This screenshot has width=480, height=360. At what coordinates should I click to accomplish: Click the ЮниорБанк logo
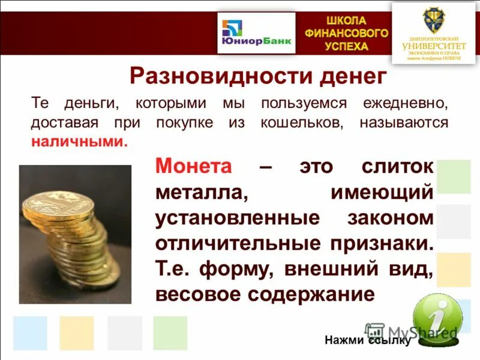tap(256, 33)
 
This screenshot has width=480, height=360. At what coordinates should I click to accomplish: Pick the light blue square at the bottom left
tap(30, 333)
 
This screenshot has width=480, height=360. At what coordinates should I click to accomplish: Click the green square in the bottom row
tap(170, 333)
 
